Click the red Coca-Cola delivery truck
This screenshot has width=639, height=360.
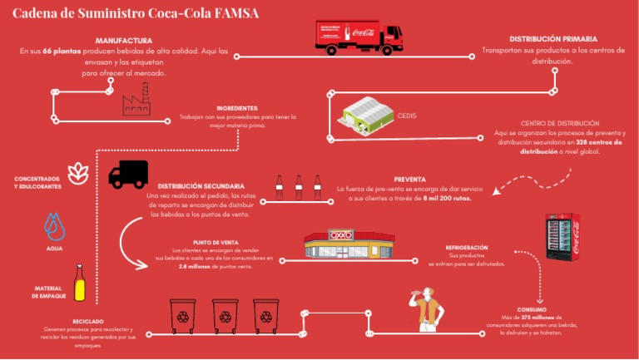coord(359,37)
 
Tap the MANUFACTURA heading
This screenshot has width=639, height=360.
coord(123,40)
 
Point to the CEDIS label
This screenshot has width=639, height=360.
coord(407,116)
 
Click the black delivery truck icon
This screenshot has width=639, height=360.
coord(128,175)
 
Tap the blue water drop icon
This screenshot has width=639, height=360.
coord(54,226)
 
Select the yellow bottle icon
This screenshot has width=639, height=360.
coord(80,283)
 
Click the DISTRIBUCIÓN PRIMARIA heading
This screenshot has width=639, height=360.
coord(552,39)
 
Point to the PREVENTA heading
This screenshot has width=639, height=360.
coord(410,179)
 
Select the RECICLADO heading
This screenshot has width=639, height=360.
coord(88,321)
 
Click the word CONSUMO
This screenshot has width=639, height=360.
coord(531,308)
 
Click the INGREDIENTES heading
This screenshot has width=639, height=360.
coord(237,108)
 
